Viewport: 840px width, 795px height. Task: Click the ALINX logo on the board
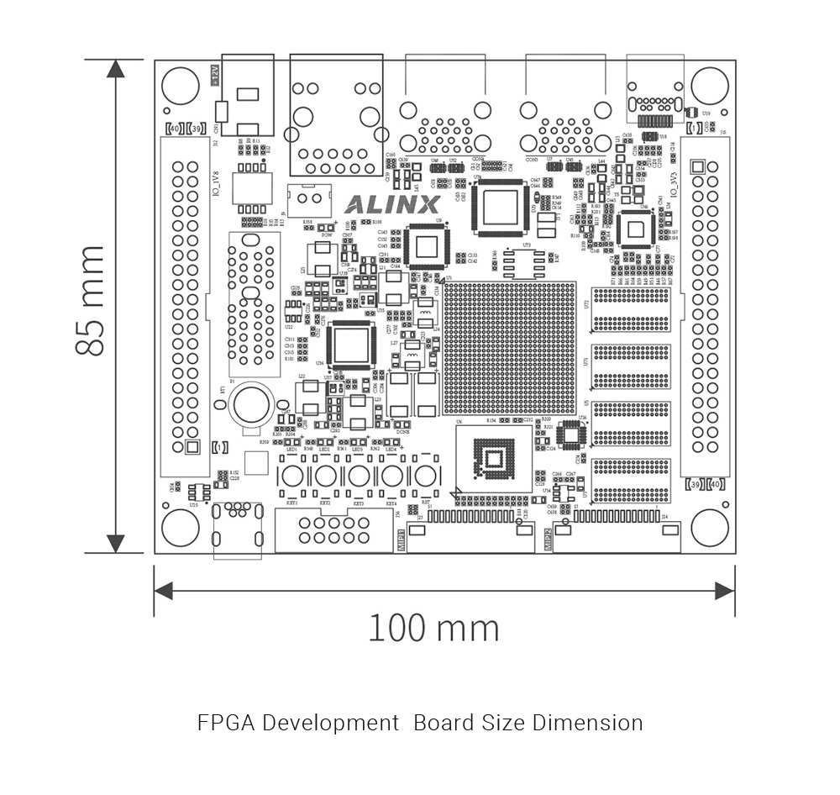(392, 204)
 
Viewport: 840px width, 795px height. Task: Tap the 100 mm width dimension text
(433, 628)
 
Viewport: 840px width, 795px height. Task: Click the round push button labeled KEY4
(392, 476)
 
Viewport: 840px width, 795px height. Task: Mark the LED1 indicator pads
(291, 441)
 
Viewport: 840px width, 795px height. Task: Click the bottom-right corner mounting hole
(709, 528)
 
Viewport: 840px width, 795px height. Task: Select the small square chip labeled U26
(573, 434)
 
